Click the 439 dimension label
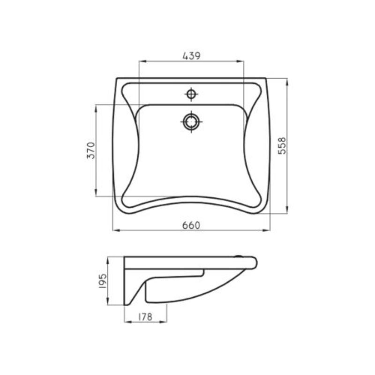click(x=191, y=56)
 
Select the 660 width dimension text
click(x=191, y=225)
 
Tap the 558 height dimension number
click(x=282, y=146)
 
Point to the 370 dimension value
click(x=91, y=150)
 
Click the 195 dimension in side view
click(x=103, y=281)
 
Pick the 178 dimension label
click(x=145, y=317)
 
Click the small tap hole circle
click(x=191, y=94)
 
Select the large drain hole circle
click(x=191, y=122)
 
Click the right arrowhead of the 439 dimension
click(x=240, y=61)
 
